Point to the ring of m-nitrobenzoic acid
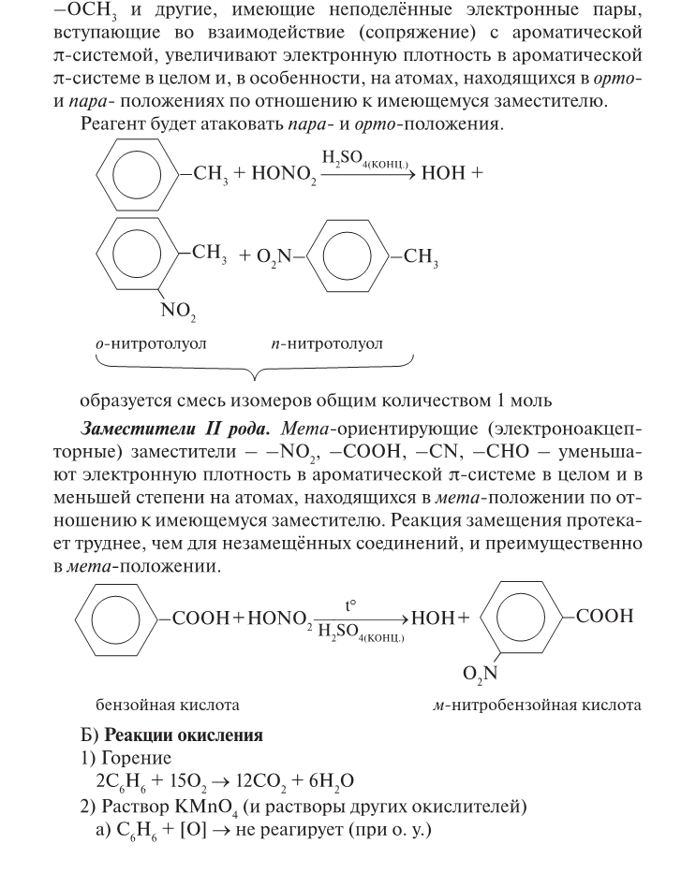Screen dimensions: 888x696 527,619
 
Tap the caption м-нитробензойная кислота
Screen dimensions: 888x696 530,704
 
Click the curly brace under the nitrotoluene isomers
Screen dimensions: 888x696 253,368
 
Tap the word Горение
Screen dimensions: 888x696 136,758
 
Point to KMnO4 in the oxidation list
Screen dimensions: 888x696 192,805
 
